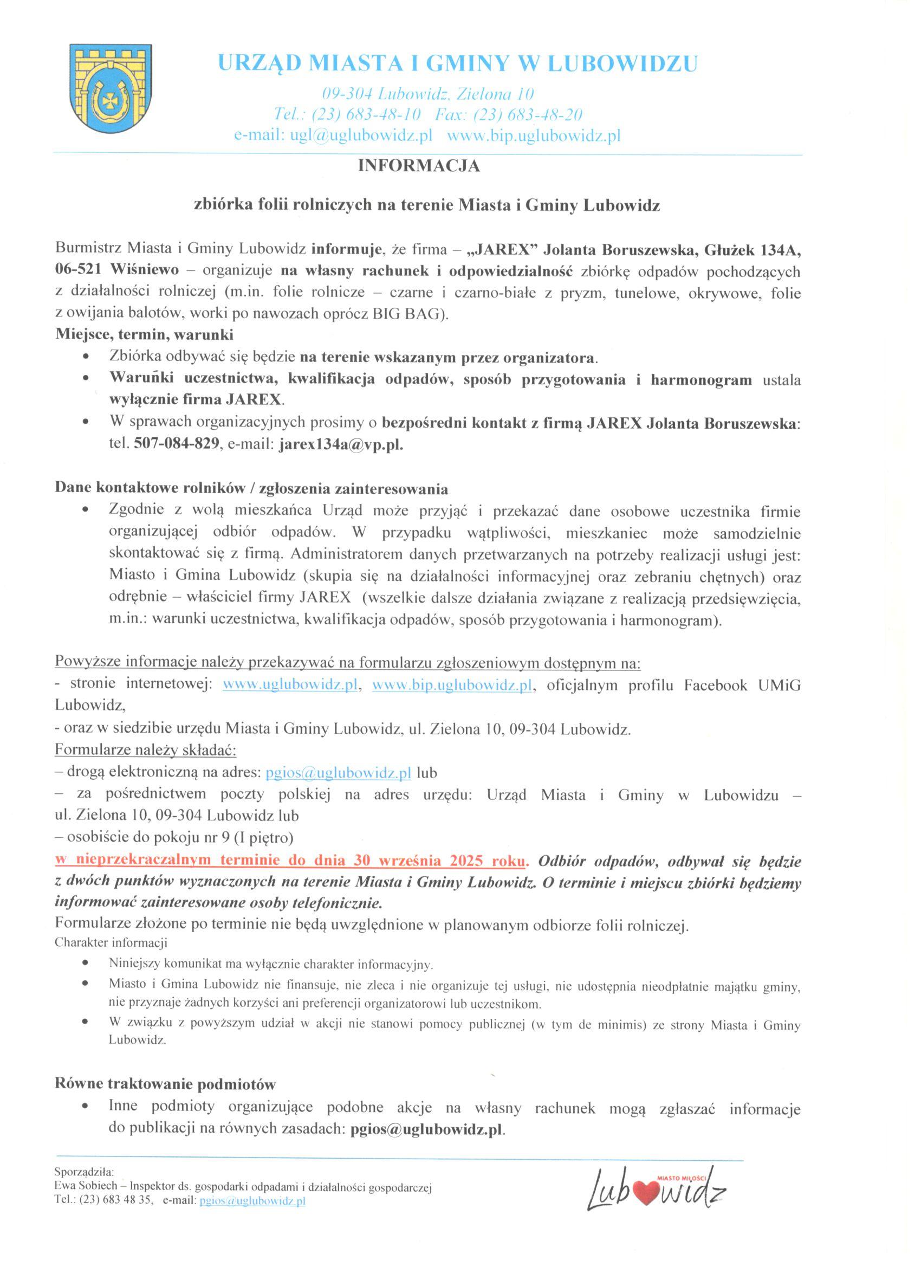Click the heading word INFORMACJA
coord(418,166)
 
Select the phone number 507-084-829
coord(176,445)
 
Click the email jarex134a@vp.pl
coord(341,445)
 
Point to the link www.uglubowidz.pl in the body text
coord(290,686)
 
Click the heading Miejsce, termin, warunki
coord(144,334)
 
